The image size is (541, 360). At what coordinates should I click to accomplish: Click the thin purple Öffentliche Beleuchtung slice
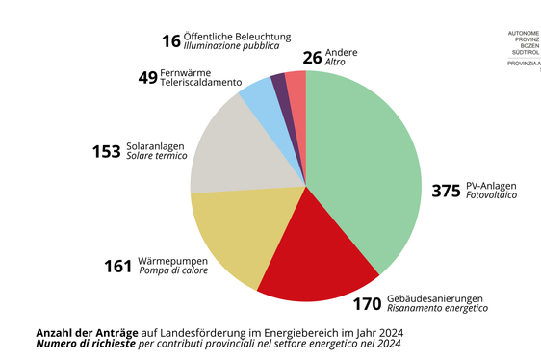tap(279, 85)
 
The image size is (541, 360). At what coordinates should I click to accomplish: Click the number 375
tap(446, 191)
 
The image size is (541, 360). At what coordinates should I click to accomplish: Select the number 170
tap(367, 304)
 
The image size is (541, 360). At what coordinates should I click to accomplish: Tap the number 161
tap(117, 266)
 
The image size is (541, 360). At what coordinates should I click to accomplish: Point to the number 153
tap(106, 151)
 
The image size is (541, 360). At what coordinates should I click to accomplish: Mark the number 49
tap(147, 78)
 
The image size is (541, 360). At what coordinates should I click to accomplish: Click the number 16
tap(171, 41)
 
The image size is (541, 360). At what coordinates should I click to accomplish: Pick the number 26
tap(312, 57)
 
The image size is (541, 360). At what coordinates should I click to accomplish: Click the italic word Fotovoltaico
tap(491, 195)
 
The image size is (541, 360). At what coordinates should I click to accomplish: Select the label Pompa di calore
tap(173, 270)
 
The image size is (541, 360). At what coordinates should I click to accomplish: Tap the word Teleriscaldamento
tap(201, 83)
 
